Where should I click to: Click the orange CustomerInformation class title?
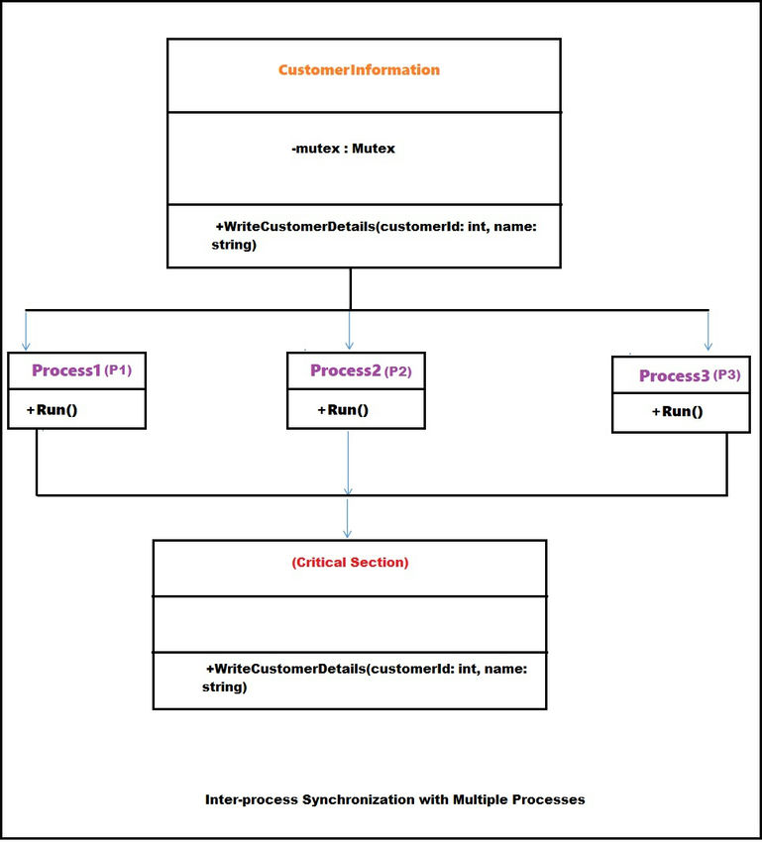[x=359, y=70]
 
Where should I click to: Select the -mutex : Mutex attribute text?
[x=343, y=149]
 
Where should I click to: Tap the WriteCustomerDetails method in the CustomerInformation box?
[x=374, y=235]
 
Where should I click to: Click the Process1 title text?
[x=66, y=370]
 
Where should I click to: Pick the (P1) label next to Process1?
[x=118, y=370]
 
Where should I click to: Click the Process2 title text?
[x=345, y=370]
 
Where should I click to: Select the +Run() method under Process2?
[x=343, y=409]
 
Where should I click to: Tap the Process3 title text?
[x=674, y=375]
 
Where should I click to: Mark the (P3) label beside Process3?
[x=726, y=375]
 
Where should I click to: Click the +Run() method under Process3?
[x=678, y=411]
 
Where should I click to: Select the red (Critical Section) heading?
[x=350, y=562]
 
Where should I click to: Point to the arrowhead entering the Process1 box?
[x=26, y=346]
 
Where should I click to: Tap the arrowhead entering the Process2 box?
[x=349, y=346]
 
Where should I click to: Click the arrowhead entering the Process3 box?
[x=708, y=346]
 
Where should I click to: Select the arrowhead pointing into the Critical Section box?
[x=348, y=533]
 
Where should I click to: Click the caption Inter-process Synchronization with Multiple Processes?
[x=394, y=798]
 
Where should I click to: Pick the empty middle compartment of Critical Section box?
[x=349, y=624]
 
